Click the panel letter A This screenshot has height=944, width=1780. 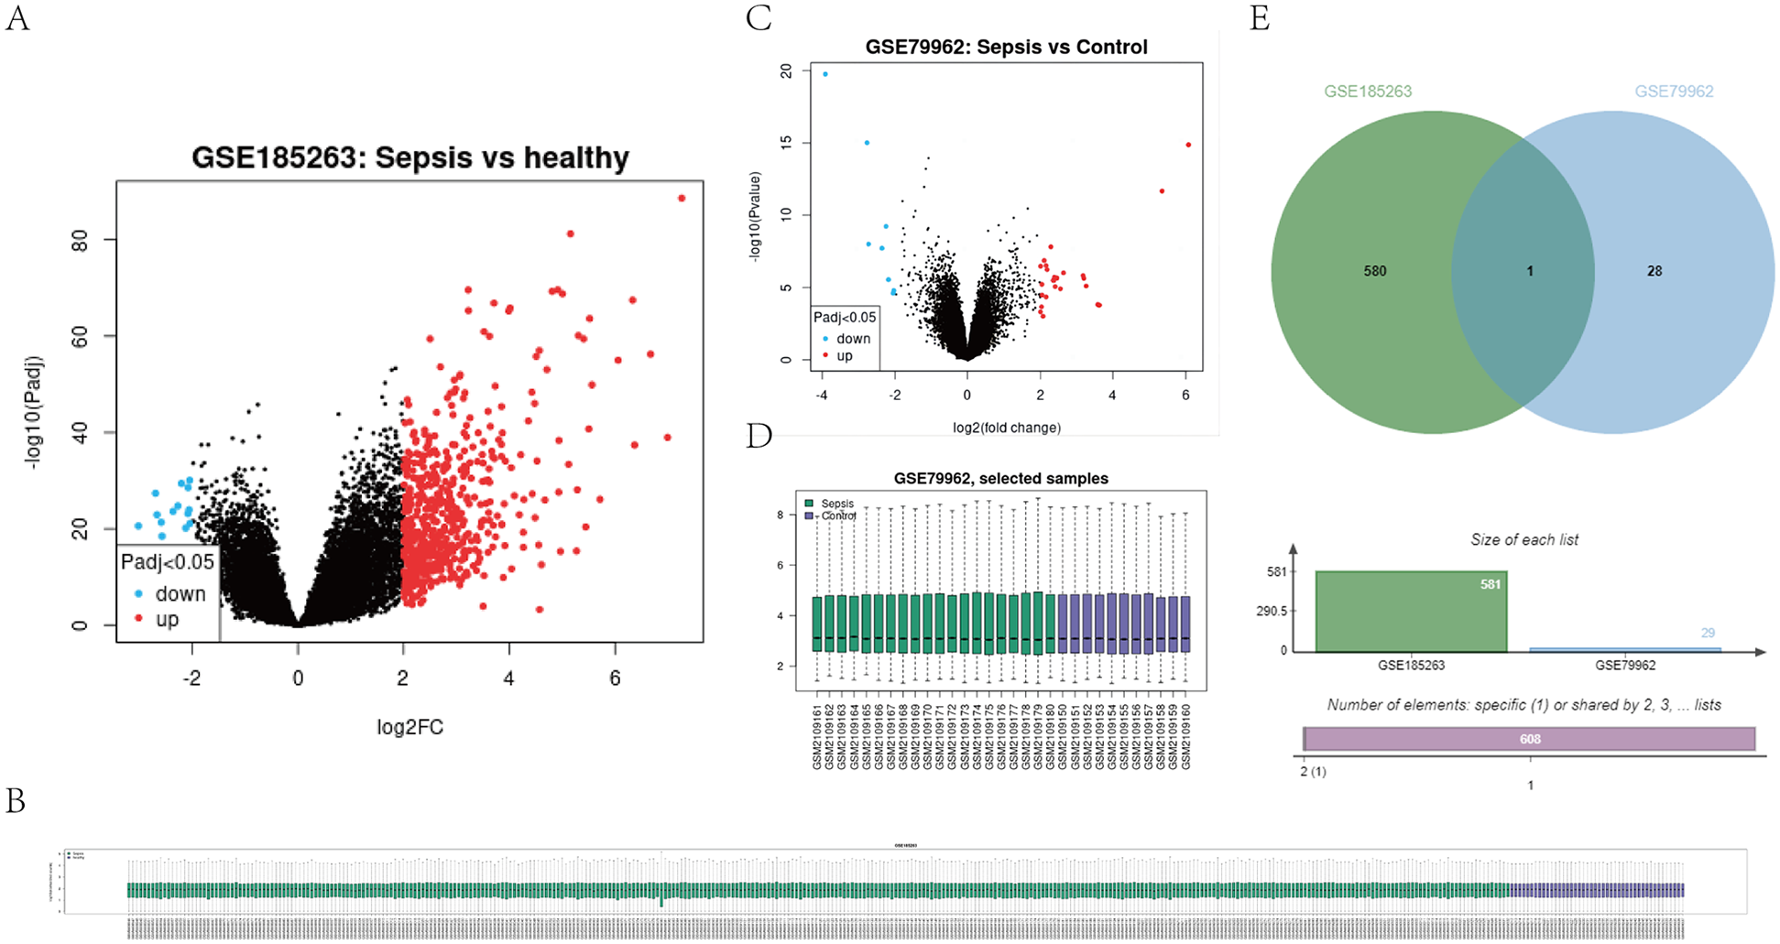pyautogui.click(x=17, y=17)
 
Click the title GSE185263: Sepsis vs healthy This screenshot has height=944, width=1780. pyautogui.click(x=410, y=157)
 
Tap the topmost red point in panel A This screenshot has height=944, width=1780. pyautogui.click(x=682, y=198)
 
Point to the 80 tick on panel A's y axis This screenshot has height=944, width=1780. pyautogui.click(x=81, y=240)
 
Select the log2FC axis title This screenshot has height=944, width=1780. pyautogui.click(x=410, y=727)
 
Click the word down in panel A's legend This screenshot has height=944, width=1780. pyautogui.click(x=180, y=594)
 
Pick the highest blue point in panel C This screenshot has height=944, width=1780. pyautogui.click(x=825, y=74)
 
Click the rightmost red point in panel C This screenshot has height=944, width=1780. pyautogui.click(x=1188, y=145)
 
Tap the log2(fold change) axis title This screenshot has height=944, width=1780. pyautogui.click(x=1007, y=428)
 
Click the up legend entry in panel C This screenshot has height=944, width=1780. pyautogui.click(x=844, y=356)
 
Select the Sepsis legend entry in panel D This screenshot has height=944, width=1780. pyautogui.click(x=836, y=504)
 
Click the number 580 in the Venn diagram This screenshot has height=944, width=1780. pyautogui.click(x=1374, y=271)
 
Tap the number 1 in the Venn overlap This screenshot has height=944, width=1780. pyautogui.click(x=1529, y=271)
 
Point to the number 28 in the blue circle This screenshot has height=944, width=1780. pyautogui.click(x=1654, y=271)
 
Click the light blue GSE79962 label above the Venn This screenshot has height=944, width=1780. pyautogui.click(x=1673, y=92)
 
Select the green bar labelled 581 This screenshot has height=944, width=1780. pyautogui.click(x=1411, y=612)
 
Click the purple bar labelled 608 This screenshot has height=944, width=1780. pyautogui.click(x=1529, y=739)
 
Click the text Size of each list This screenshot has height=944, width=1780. pyautogui.click(x=1524, y=540)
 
